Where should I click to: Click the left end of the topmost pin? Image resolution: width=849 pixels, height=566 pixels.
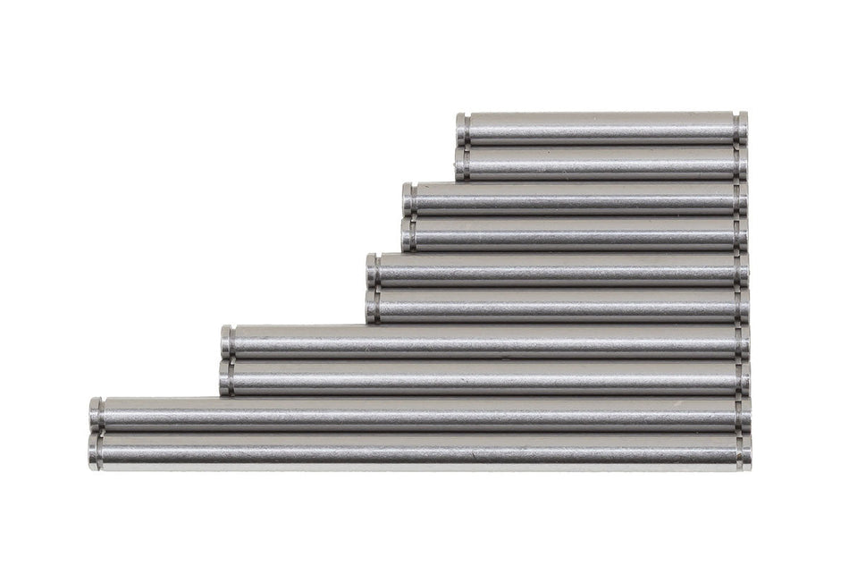[461, 129]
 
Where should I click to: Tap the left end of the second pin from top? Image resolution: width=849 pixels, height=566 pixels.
[461, 163]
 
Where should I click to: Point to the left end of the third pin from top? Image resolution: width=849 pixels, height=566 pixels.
[408, 199]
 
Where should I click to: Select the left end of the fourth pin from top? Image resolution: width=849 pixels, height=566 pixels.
[408, 234]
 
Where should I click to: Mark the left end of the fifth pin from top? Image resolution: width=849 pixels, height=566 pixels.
[372, 270]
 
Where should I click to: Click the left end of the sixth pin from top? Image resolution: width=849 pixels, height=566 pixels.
[372, 306]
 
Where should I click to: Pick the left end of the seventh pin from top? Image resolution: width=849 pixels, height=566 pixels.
[227, 342]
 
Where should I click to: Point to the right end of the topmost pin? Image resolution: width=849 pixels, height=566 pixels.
[743, 129]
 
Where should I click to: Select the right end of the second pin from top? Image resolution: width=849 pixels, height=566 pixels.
[743, 163]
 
